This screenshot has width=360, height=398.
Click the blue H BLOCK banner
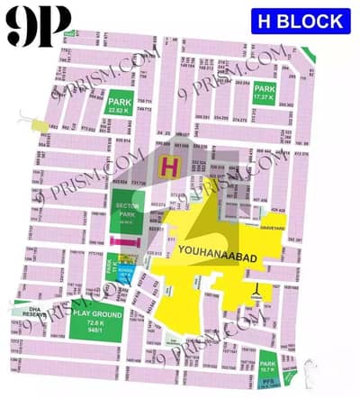(300, 21)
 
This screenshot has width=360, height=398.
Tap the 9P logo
(39, 28)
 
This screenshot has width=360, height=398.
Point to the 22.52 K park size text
(120, 113)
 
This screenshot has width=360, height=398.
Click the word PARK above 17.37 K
(265, 89)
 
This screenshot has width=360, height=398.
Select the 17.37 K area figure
(265, 98)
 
